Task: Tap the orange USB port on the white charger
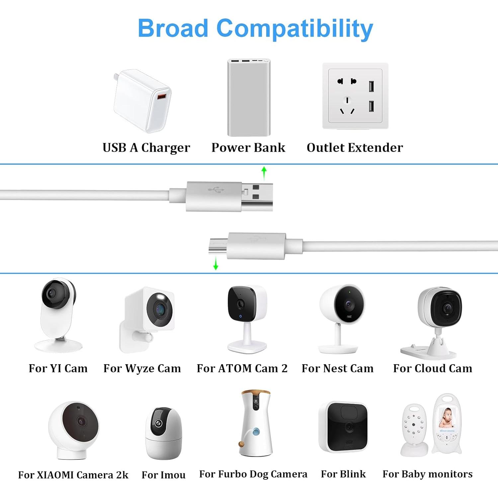pyautogui.click(x=161, y=97)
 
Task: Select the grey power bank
pyautogui.click(x=249, y=98)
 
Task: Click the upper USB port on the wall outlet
pyautogui.click(x=372, y=86)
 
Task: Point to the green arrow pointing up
pyautogui.click(x=264, y=173)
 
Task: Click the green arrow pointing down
pyautogui.click(x=216, y=263)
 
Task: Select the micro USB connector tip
pyautogui.click(x=217, y=246)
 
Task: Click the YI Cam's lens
pyautogui.click(x=51, y=293)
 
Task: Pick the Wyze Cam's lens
pyautogui.click(x=160, y=309)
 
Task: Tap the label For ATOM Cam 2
pyautogui.click(x=242, y=369)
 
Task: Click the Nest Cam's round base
pyautogui.click(x=338, y=349)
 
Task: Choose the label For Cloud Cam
pyautogui.click(x=432, y=369)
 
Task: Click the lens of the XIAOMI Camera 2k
pyautogui.click(x=81, y=422)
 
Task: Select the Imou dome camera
pyautogui.click(x=164, y=433)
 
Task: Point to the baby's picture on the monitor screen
pyautogui.click(x=447, y=418)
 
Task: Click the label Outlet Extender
pyautogui.click(x=355, y=148)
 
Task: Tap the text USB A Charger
pyautogui.click(x=146, y=148)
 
